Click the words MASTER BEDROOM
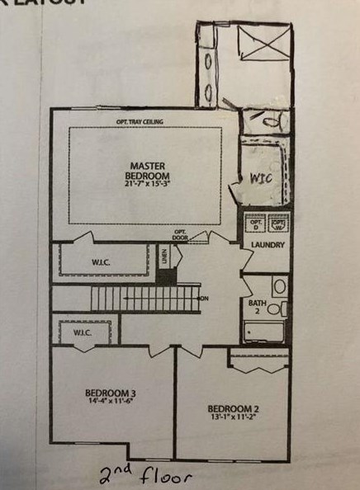148,171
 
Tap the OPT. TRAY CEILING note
140,122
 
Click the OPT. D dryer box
256,224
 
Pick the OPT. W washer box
278,224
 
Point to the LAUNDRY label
268,245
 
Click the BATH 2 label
258,308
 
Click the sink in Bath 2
279,287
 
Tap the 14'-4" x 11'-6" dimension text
110,402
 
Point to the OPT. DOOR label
182,233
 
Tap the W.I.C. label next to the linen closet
104,264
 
